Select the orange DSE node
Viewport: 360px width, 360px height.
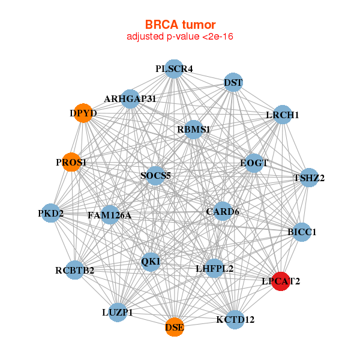[x=175, y=327]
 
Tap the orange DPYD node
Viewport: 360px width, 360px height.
[x=83, y=113]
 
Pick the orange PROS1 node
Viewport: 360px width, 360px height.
[x=71, y=162]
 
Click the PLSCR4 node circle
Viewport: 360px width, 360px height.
[x=173, y=69]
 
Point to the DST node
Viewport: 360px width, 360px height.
[x=233, y=82]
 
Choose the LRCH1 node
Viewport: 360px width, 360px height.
[x=283, y=115]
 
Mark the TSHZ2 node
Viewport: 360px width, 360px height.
[x=308, y=178]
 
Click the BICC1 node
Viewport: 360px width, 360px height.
[x=302, y=232]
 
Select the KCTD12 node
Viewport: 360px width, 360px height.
[x=235, y=319]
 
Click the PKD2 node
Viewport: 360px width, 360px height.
[x=50, y=213]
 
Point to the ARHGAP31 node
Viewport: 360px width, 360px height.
[x=130, y=98]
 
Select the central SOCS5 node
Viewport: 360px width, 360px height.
[x=155, y=176]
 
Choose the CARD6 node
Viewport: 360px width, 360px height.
[x=223, y=211]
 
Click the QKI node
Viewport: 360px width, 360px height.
[x=151, y=261]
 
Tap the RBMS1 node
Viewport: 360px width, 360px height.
[x=193, y=129]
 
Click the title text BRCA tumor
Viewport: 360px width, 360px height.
[x=180, y=25]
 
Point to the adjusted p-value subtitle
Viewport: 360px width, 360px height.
[x=180, y=37]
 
